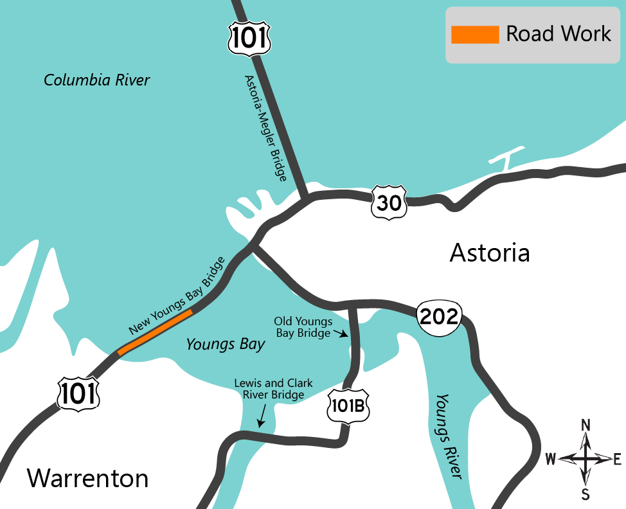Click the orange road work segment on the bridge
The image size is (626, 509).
pos(155,332)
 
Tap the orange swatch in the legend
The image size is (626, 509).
pos(475,35)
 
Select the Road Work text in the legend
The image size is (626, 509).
pos(558,34)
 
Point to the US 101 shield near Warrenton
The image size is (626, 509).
pos(78,393)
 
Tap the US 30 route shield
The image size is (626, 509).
pos(389,203)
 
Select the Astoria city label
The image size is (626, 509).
pos(490,253)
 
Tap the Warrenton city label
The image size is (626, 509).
pos(87,478)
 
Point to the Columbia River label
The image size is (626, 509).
pos(96,80)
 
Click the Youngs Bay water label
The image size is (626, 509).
pos(225,344)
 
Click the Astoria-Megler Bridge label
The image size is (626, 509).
pos(265,128)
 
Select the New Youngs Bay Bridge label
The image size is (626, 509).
pos(177,296)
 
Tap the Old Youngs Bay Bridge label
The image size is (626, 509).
pos(303,326)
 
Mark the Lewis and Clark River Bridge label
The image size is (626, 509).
pos(273,389)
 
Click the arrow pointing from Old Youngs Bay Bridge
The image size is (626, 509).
pos(342,334)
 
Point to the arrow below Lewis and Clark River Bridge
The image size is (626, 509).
pos(262,418)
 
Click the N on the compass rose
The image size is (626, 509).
pos(586,425)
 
